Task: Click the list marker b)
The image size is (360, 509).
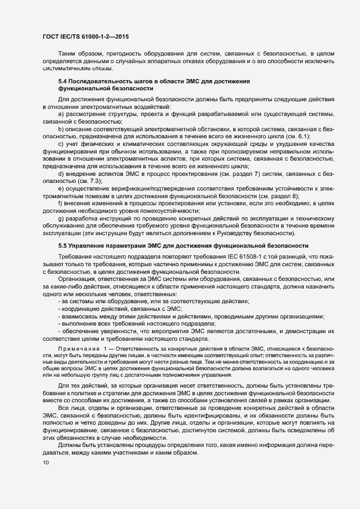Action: pos(60,128)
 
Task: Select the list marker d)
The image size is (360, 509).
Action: pos(60,173)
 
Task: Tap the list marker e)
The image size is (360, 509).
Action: pos(60,188)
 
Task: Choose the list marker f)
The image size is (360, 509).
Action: pos(60,203)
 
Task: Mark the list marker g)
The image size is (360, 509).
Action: pos(60,218)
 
